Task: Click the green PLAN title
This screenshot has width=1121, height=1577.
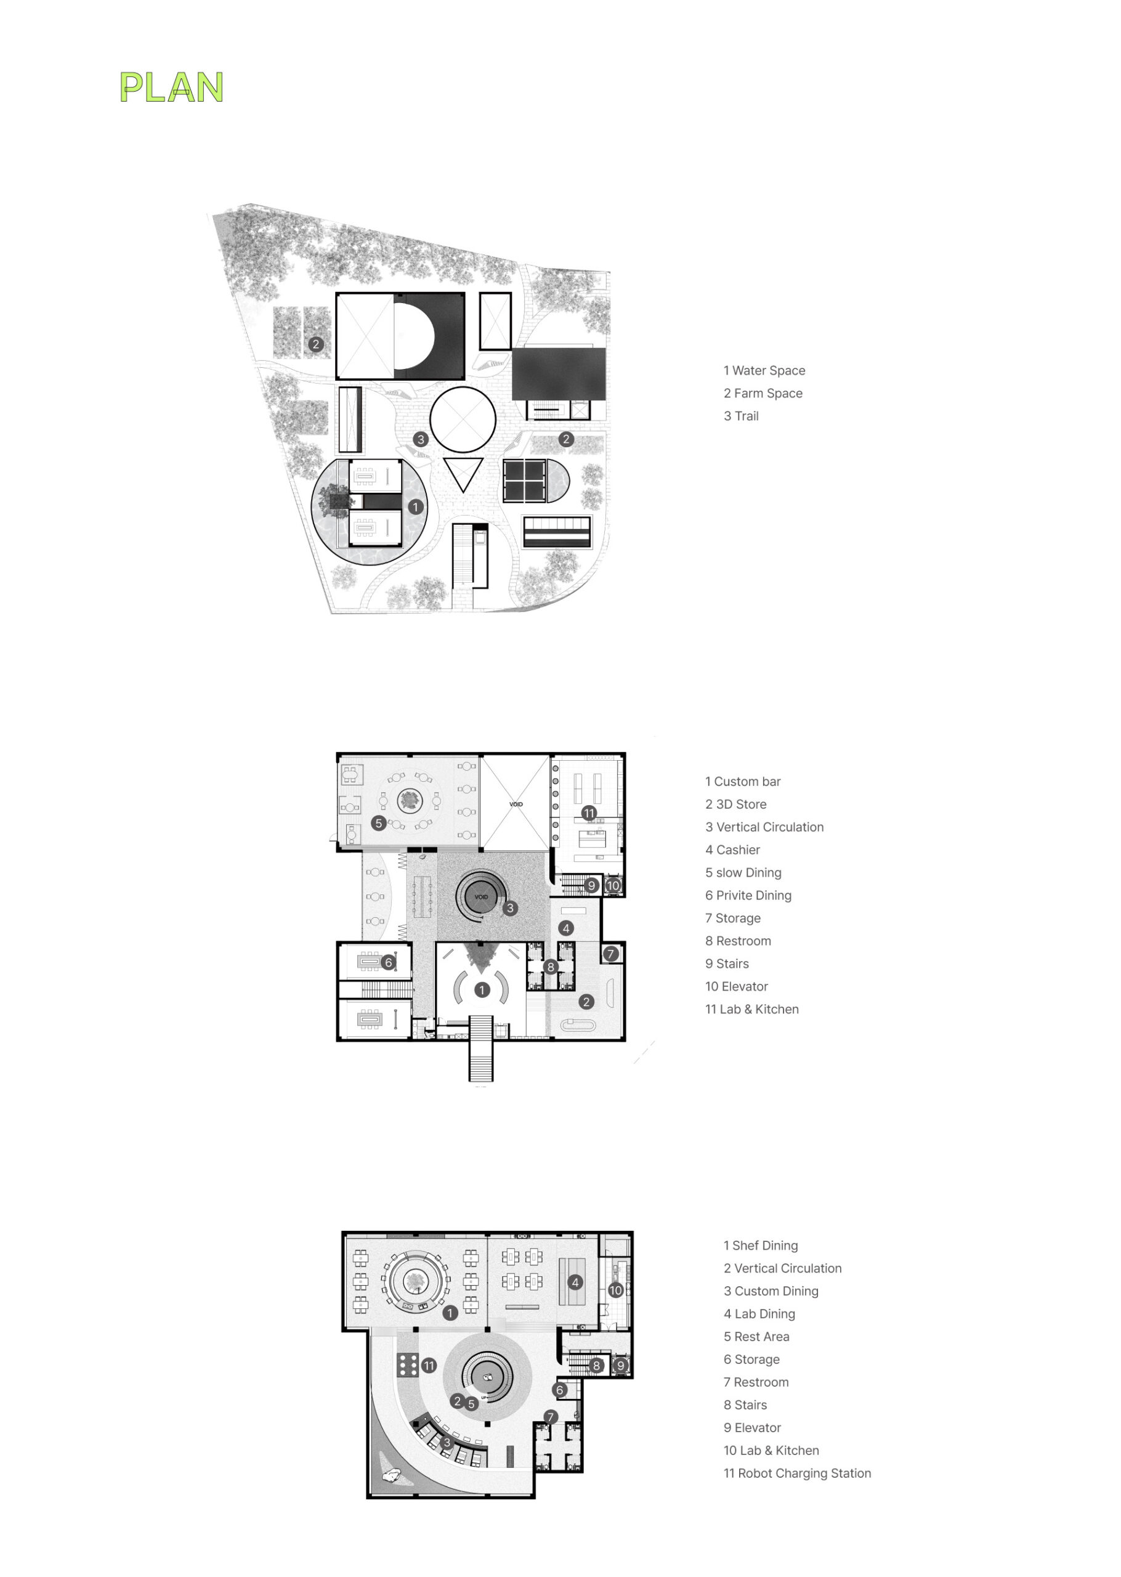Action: (x=172, y=87)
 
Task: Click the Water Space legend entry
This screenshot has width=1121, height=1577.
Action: (x=764, y=371)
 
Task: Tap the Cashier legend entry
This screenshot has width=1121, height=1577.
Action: (x=732, y=850)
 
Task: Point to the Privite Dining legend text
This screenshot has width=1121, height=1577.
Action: (x=748, y=896)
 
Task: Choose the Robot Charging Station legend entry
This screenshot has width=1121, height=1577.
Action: (x=797, y=1474)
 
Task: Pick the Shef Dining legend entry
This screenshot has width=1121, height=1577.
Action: (x=761, y=1246)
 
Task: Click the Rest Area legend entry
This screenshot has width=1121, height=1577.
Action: (x=756, y=1337)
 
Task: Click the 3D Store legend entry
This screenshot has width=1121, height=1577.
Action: (x=736, y=805)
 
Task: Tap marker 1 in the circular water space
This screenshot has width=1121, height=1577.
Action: (x=416, y=507)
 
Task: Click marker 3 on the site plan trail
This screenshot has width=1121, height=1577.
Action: (x=421, y=440)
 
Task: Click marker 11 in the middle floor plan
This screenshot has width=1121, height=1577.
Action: (x=589, y=813)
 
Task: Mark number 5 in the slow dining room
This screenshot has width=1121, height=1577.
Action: (x=378, y=824)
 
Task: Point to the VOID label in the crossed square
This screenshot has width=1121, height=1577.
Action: (x=516, y=805)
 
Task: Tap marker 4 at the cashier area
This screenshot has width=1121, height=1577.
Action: (x=566, y=928)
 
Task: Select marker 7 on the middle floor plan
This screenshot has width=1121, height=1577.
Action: (x=611, y=954)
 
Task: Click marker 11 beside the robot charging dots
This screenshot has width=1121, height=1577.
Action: (x=429, y=1366)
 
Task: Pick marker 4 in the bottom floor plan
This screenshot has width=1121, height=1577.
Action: (x=575, y=1283)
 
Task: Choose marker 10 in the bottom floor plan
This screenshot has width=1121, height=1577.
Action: (x=616, y=1291)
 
